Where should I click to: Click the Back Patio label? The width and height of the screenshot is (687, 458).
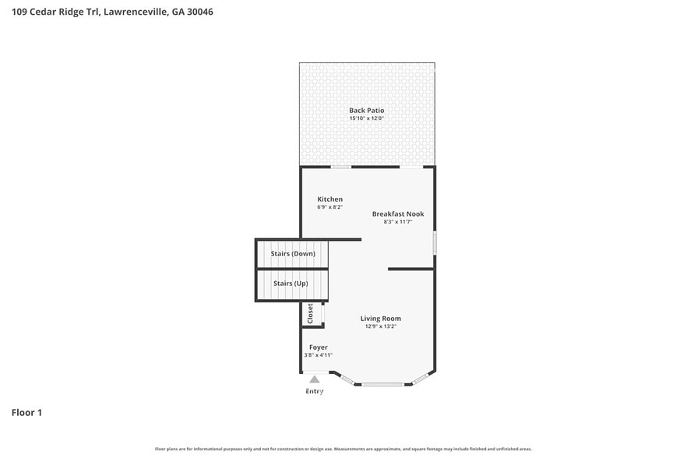(x=366, y=111)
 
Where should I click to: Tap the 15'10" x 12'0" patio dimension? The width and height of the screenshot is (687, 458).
(x=366, y=119)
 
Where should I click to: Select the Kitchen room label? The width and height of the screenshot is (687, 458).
(x=329, y=199)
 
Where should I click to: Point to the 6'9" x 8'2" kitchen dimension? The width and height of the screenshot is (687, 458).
(x=329, y=208)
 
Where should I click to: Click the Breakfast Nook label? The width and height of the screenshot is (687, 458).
(x=397, y=213)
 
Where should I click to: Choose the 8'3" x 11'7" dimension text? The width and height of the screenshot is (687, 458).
(x=397, y=222)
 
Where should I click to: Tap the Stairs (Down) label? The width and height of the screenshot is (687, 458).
(x=293, y=254)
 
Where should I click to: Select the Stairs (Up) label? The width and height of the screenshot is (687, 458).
(x=291, y=284)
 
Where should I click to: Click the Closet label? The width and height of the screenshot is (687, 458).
(x=310, y=314)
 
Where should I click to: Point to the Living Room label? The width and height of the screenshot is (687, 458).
(x=380, y=318)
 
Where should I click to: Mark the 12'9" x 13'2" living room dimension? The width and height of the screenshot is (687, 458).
(x=380, y=326)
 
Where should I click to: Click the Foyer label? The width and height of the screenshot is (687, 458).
(x=318, y=347)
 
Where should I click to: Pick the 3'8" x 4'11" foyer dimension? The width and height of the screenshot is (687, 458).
(x=318, y=355)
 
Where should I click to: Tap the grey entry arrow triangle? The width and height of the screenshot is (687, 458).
(x=314, y=379)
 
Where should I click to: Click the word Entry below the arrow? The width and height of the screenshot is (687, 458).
(x=314, y=391)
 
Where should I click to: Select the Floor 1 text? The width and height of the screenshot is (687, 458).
(x=26, y=412)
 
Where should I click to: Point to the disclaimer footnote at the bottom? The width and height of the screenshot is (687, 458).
(x=343, y=449)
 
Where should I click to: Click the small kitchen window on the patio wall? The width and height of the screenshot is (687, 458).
(x=340, y=167)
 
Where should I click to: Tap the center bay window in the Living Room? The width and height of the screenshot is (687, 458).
(x=382, y=384)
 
